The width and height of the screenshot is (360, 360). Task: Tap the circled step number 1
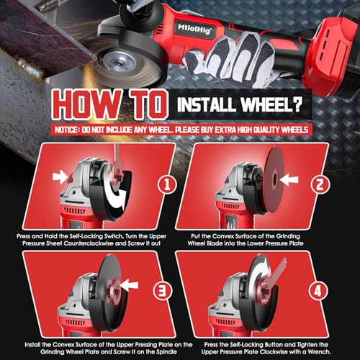(x=167, y=185)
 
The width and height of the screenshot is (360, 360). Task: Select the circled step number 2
(x=320, y=185)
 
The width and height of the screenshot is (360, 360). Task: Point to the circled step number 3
(x=163, y=291)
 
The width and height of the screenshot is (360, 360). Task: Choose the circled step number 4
(x=318, y=291)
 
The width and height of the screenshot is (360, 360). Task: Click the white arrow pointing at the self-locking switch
(x=60, y=177)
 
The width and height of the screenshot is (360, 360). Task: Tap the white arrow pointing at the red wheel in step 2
(x=289, y=180)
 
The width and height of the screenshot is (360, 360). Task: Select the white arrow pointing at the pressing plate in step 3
(x=130, y=285)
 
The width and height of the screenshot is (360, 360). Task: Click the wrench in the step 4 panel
(x=276, y=276)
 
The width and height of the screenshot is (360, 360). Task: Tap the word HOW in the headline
(x=88, y=104)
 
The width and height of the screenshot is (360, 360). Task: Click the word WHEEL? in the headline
(x=271, y=104)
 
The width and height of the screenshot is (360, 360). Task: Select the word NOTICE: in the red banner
(x=67, y=130)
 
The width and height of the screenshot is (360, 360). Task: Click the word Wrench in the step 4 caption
(x=319, y=352)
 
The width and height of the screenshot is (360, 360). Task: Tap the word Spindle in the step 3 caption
(x=166, y=352)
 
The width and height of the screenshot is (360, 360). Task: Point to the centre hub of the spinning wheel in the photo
(x=118, y=63)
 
